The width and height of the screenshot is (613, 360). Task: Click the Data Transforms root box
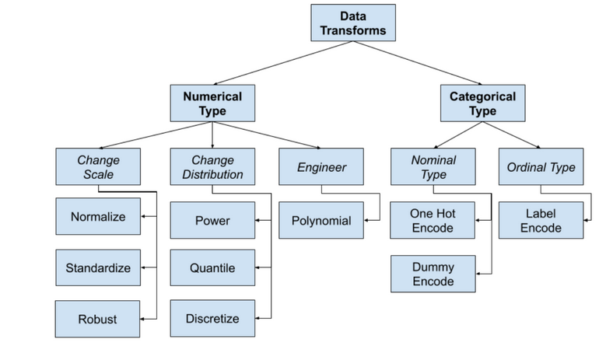(x=353, y=23)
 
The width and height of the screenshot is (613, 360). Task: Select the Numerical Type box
(x=212, y=104)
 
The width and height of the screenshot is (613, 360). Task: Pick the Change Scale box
(x=98, y=166)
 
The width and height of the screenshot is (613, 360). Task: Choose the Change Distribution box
(x=212, y=166)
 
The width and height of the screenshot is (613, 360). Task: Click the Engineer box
(x=321, y=166)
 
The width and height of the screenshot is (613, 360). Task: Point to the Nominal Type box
(x=433, y=166)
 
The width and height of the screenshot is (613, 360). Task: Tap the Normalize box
(x=98, y=217)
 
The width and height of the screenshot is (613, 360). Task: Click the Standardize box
(x=98, y=268)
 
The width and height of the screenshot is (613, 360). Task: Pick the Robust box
(x=98, y=319)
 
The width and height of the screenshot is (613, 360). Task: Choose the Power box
(x=212, y=221)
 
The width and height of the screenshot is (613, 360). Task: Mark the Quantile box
(x=212, y=268)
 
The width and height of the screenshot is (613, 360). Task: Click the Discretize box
(x=212, y=319)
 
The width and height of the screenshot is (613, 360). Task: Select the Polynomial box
(x=321, y=221)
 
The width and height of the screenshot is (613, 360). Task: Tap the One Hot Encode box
(x=433, y=221)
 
